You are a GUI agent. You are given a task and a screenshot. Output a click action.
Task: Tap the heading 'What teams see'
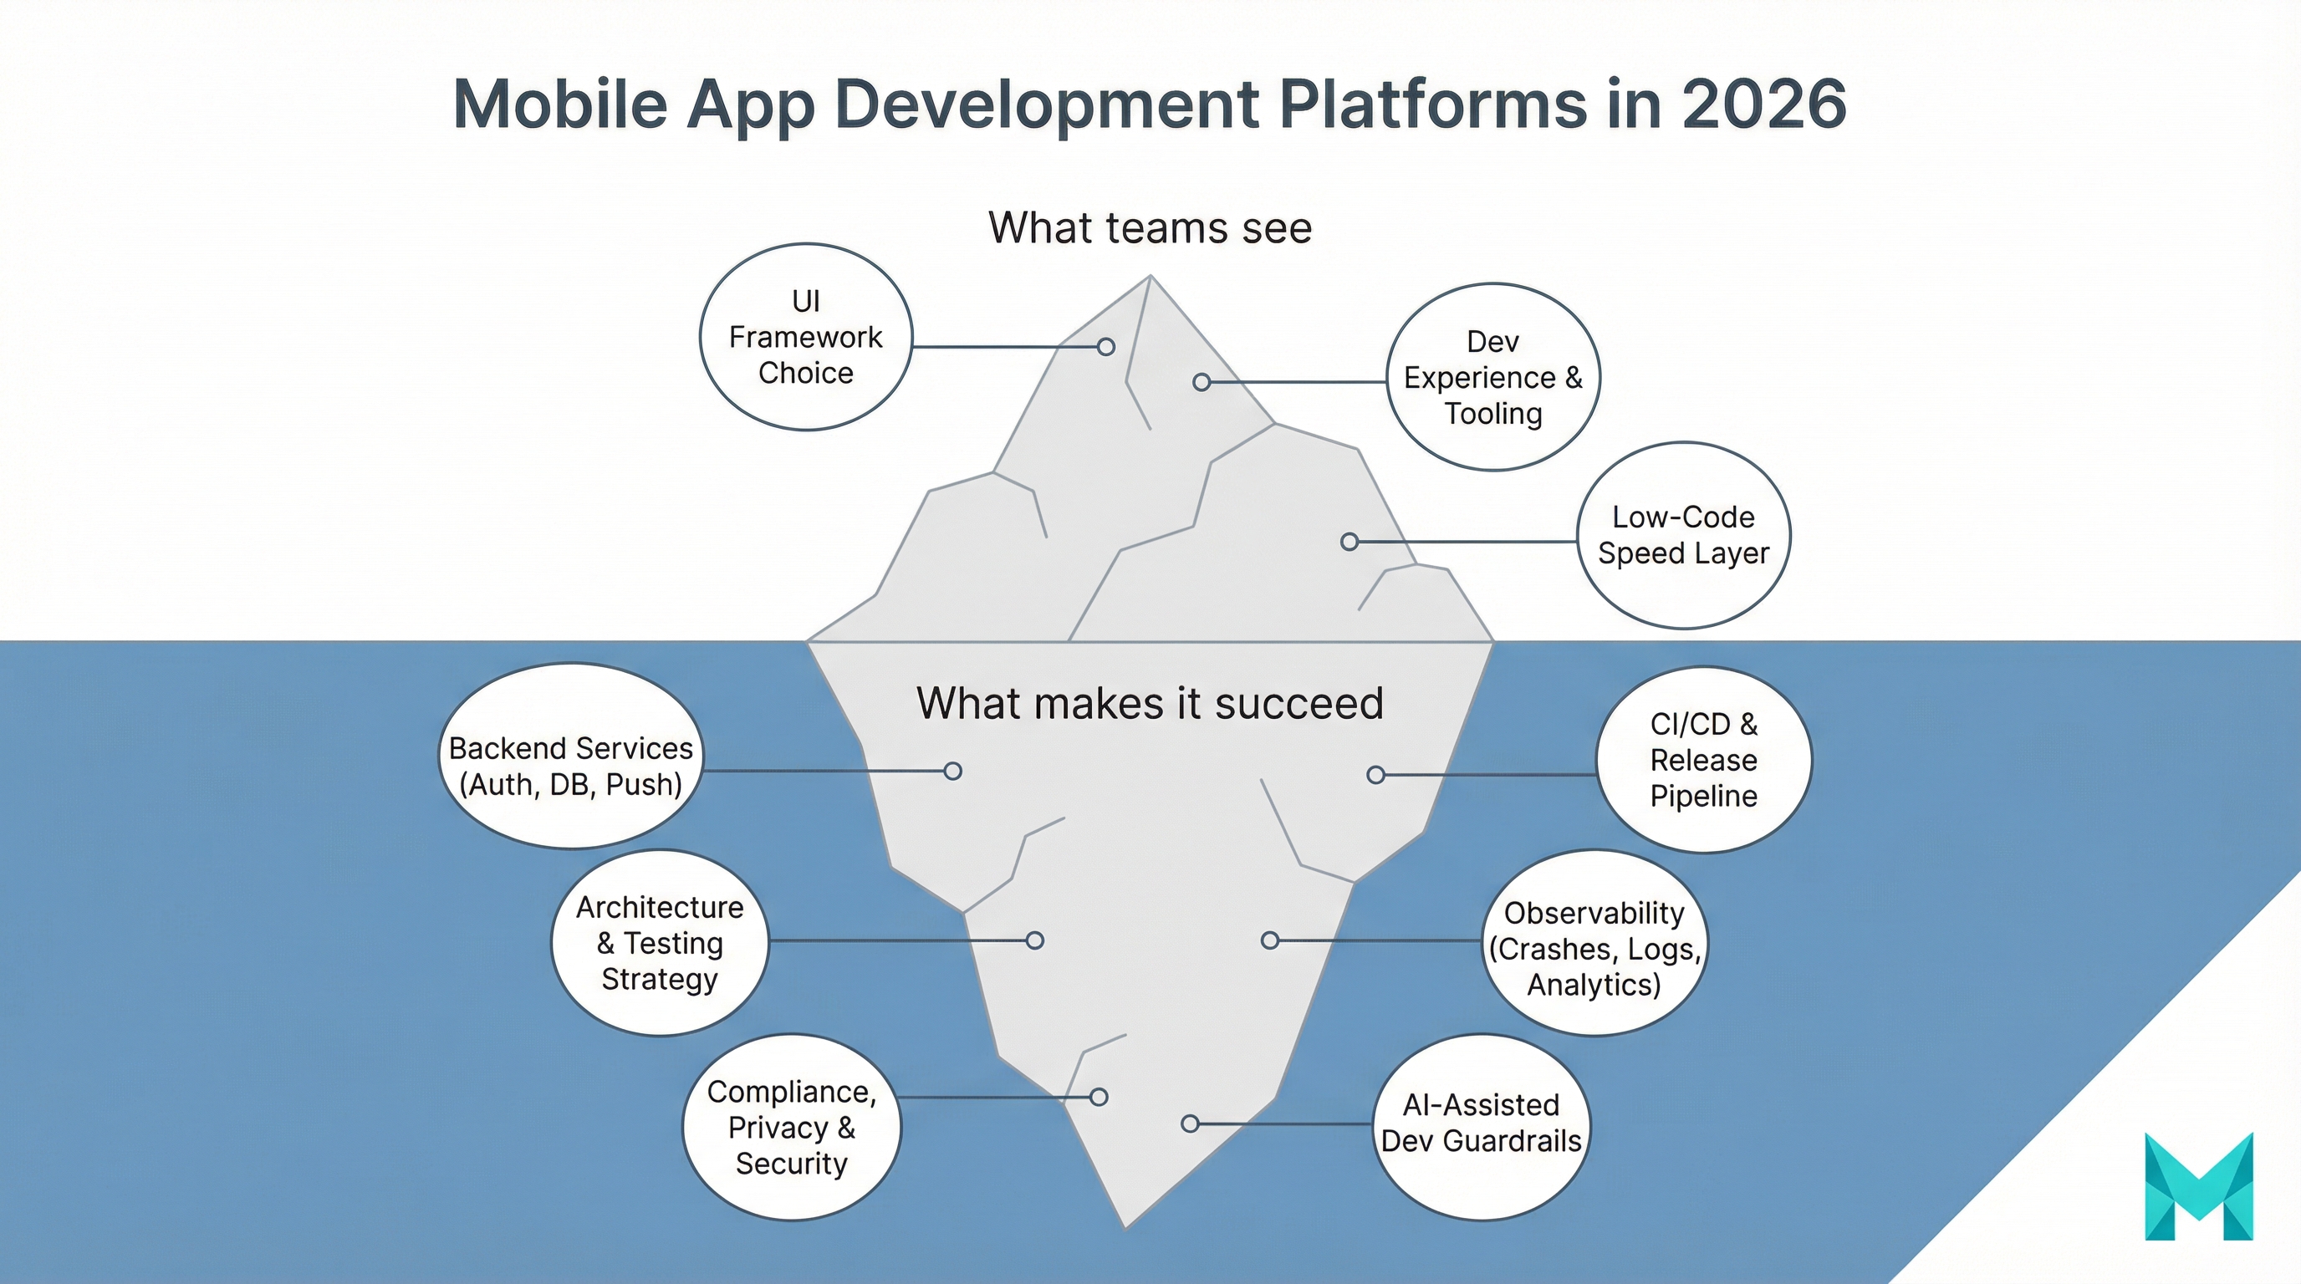[x=1150, y=227]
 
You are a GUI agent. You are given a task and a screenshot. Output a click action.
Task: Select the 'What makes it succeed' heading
[x=1150, y=704]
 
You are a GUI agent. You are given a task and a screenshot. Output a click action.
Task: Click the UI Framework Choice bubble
[x=806, y=338]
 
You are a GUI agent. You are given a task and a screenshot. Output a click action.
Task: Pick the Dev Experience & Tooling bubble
[x=1492, y=378]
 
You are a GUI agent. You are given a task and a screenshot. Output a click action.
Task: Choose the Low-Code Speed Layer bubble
[x=1683, y=536]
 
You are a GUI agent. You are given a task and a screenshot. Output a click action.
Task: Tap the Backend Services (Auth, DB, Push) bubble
[x=571, y=756]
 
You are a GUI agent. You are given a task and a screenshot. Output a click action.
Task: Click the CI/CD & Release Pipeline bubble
[x=1703, y=760]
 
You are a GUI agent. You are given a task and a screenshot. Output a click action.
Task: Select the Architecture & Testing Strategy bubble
[x=659, y=943]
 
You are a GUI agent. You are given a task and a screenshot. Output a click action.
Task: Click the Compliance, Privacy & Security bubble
[x=792, y=1128]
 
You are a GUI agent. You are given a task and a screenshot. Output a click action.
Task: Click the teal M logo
[x=2198, y=1187]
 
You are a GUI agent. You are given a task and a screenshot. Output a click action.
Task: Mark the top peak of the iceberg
[x=1150, y=277]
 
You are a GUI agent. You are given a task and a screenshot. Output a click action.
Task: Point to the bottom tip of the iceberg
[x=1125, y=1227]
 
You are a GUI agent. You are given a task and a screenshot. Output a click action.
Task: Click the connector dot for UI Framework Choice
[x=1106, y=346]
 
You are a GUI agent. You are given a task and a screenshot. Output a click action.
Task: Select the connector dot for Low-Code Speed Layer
[x=1349, y=542]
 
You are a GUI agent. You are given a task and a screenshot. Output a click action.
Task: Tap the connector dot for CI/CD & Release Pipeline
[x=1375, y=775]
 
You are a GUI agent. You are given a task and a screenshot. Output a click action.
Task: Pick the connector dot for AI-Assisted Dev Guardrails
[x=1190, y=1124]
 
